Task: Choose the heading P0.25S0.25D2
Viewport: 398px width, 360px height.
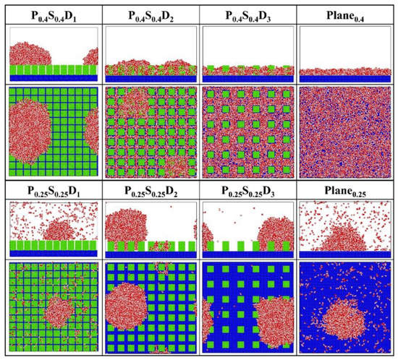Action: tap(150, 192)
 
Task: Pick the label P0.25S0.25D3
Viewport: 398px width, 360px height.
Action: tap(247, 192)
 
